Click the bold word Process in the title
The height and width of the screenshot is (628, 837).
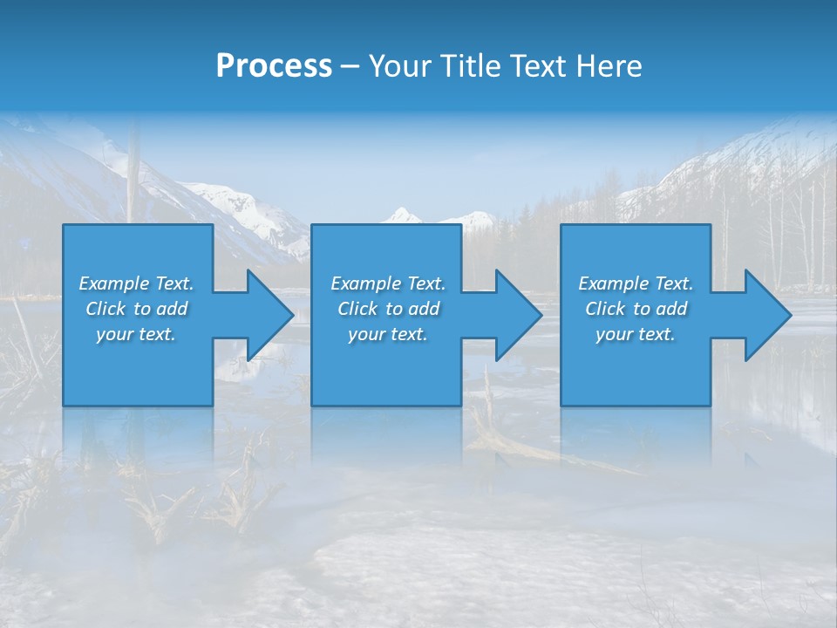274,66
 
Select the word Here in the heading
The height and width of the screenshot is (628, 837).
609,66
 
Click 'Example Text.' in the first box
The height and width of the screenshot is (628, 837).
136,283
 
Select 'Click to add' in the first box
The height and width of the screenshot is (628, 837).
136,309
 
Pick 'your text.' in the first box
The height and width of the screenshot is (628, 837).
136,334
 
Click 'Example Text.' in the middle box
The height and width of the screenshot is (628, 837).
388,283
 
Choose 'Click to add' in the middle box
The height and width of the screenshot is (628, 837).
388,309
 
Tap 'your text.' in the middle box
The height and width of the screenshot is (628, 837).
388,334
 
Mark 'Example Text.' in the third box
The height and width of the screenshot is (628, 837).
636,283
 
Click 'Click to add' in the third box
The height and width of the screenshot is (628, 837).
636,309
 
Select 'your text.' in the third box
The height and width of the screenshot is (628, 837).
636,334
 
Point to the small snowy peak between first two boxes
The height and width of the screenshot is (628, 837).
402,215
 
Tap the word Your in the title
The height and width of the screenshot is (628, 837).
398,66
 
